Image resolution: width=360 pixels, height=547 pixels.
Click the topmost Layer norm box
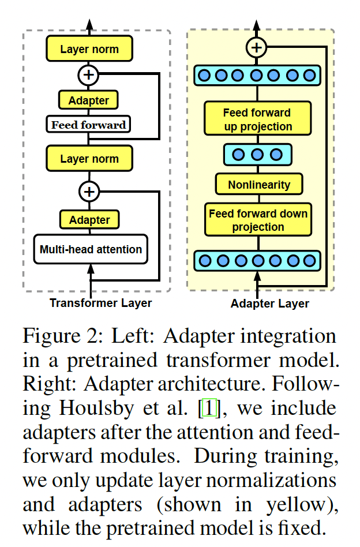[x=89, y=49]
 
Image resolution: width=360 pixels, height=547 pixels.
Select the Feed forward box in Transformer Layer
[x=88, y=125]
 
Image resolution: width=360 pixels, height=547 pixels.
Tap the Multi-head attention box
[x=91, y=249]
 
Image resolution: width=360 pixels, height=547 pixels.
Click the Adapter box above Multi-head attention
[x=89, y=219]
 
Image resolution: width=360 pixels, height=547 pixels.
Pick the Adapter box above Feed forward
[x=88, y=100]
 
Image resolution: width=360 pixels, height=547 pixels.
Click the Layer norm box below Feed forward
[x=89, y=158]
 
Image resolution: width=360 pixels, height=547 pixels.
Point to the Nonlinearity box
[x=258, y=185]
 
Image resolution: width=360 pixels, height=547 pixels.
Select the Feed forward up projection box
[x=258, y=119]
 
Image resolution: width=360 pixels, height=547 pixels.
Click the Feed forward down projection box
[x=258, y=220]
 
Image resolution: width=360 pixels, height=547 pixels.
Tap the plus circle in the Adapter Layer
[x=257, y=47]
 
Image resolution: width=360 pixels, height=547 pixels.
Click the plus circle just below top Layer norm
[x=89, y=74]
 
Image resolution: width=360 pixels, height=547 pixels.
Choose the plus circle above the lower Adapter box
[x=89, y=190]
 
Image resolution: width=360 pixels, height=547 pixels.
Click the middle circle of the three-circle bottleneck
[x=257, y=154]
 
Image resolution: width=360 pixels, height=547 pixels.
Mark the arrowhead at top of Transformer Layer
[x=89, y=23]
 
